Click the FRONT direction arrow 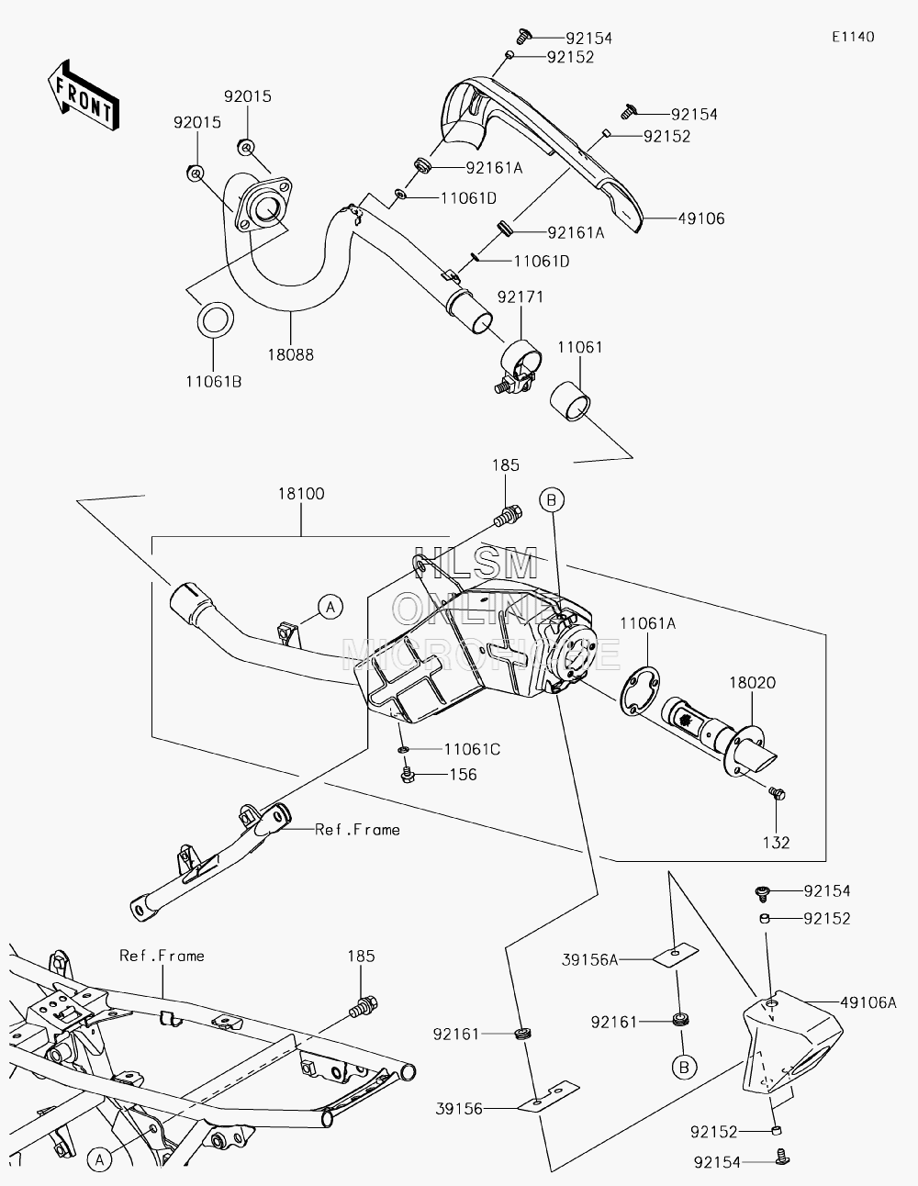(x=84, y=95)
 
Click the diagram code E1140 (x=853, y=37)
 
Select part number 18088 (x=290, y=354)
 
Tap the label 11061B (x=213, y=382)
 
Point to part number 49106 (x=701, y=218)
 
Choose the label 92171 (x=521, y=296)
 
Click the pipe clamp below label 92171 (x=519, y=366)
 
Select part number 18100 (x=301, y=493)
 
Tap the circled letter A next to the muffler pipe (x=330, y=607)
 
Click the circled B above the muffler (x=552, y=500)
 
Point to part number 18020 (x=753, y=682)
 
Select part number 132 (x=776, y=843)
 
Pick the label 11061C (x=472, y=749)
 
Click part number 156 (x=464, y=775)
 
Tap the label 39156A (x=590, y=960)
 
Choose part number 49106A (x=868, y=1002)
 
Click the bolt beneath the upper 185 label (x=509, y=515)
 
